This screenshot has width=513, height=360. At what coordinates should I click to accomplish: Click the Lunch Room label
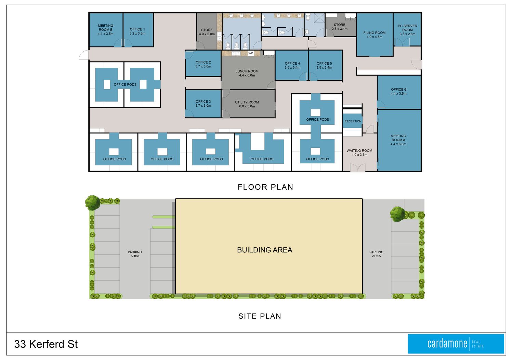tap(247, 73)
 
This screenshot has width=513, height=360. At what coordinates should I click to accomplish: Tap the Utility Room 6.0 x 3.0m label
tap(247, 104)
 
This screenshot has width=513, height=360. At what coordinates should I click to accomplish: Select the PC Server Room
tap(407, 29)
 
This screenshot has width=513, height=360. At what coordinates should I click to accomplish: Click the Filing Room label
tap(374, 35)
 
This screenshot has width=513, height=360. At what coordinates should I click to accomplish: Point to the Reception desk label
tap(353, 121)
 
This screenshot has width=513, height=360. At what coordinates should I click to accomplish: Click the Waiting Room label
tap(359, 152)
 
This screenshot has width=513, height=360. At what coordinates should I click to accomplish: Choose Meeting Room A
tap(399, 140)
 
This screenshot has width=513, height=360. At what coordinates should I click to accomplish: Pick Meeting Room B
tap(106, 30)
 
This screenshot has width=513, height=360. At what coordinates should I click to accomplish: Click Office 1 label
tap(137, 31)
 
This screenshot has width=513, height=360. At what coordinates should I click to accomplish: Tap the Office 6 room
tap(399, 92)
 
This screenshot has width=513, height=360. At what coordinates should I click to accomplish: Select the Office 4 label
tap(292, 65)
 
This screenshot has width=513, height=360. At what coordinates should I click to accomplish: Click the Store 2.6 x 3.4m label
tap(340, 27)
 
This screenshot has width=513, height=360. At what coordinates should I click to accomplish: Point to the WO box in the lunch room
tap(251, 53)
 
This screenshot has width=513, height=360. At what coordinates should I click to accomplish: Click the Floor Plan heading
tap(265, 187)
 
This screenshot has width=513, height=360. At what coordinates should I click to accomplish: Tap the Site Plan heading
tap(260, 316)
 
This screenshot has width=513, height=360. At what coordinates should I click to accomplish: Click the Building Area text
tap(265, 250)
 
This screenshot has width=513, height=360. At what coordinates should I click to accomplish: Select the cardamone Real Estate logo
tap(456, 344)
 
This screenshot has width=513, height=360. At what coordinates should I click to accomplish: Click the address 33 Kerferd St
tap(46, 344)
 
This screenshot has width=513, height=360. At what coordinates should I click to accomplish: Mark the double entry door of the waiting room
tap(358, 168)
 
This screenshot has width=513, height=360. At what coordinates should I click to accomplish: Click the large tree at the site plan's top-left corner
tap(93, 203)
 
